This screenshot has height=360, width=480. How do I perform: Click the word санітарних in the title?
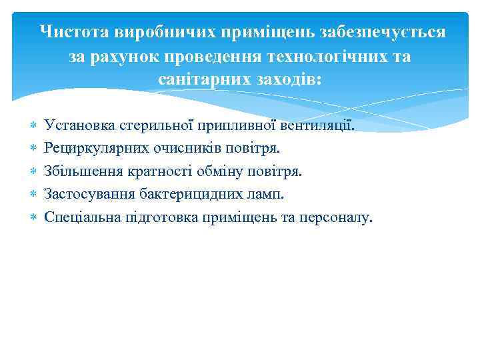(197, 79)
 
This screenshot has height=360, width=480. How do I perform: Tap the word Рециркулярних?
(89, 148)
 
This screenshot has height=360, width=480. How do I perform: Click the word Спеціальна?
(79, 217)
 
